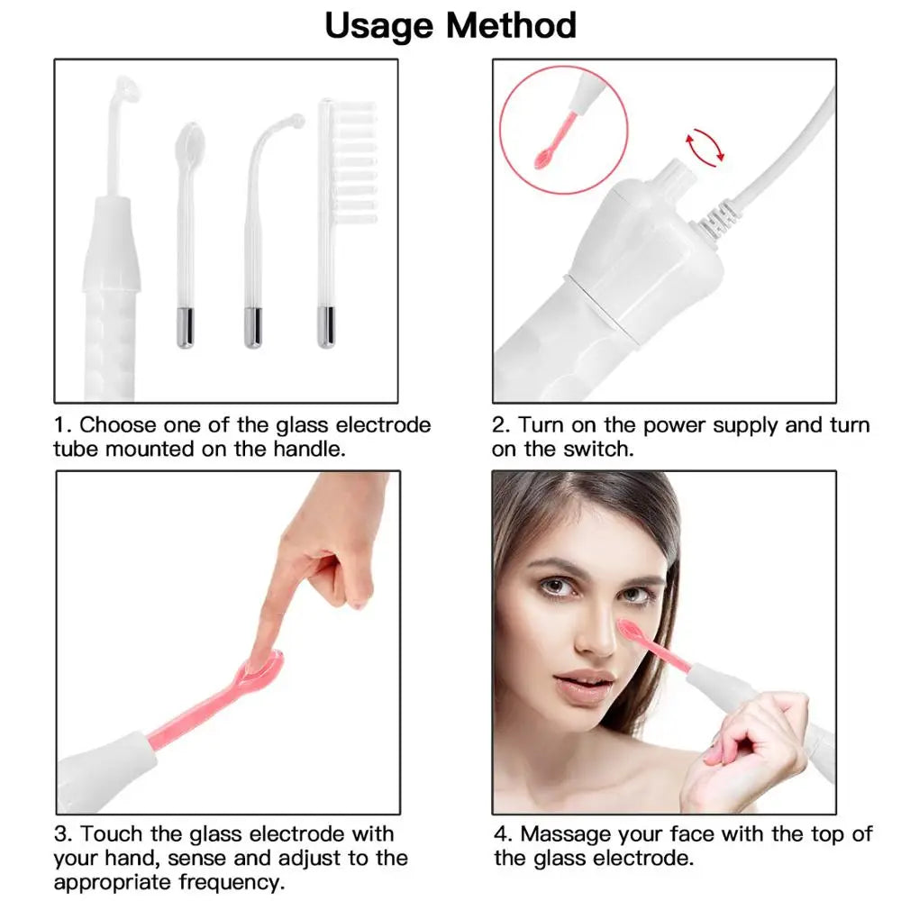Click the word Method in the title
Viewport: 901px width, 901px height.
pos(512,26)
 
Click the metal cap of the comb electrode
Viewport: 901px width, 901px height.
pos(326,327)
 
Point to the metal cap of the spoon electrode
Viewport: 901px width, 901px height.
pos(185,327)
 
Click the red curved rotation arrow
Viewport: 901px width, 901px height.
pos(705,146)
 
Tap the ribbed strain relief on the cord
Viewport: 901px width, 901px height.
pos(717,220)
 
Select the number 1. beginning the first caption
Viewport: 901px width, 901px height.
pos(63,424)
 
